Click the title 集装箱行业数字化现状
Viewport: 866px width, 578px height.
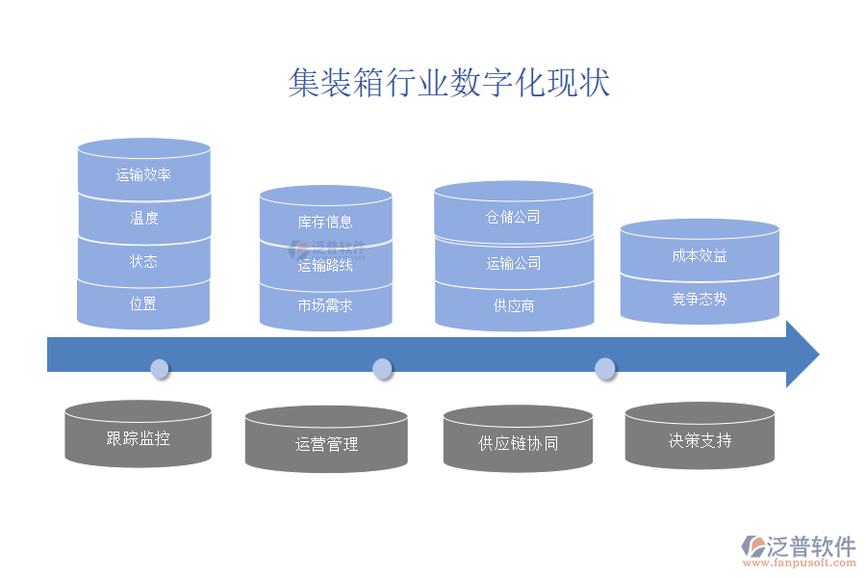448,83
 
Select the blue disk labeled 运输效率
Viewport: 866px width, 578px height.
143,174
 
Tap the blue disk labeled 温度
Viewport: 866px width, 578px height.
143,219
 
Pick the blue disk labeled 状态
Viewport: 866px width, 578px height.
143,261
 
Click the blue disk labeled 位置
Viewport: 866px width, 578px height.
143,303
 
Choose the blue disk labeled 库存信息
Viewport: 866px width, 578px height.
325,223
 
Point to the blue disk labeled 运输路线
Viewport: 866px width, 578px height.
325,265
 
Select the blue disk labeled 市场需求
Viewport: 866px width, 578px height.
325,305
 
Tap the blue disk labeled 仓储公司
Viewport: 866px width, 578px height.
513,217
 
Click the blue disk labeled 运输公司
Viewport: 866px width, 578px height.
513,263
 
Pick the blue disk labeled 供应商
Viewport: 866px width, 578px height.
513,305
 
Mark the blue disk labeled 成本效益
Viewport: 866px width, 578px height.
700,255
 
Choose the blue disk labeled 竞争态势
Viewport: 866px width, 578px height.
700,299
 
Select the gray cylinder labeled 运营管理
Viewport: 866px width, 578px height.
326,444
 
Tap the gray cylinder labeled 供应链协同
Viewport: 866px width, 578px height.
518,443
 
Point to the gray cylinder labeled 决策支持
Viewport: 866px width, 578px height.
700,440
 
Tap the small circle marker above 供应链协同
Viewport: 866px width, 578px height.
604,368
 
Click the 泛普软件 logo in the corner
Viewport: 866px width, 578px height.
799,549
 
